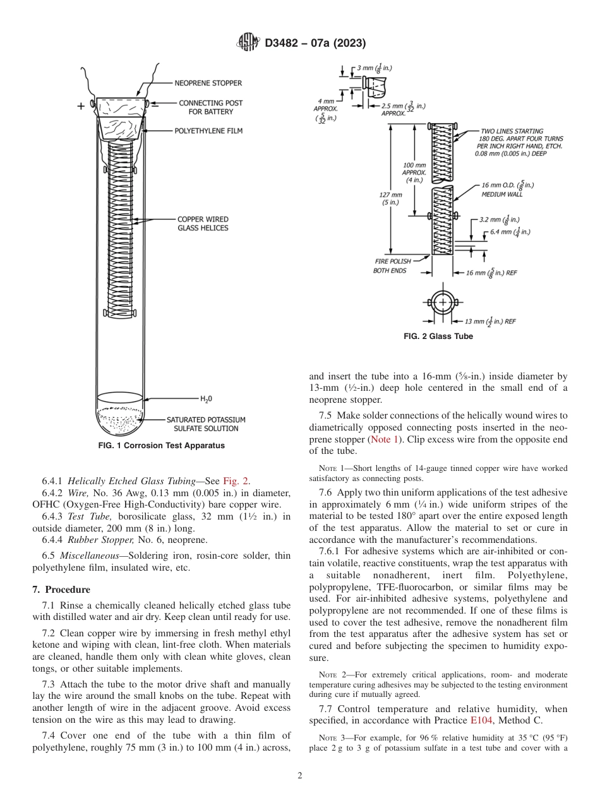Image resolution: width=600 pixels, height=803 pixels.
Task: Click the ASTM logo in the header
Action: coord(248,43)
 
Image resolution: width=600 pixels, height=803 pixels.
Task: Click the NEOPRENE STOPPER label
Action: coord(208,83)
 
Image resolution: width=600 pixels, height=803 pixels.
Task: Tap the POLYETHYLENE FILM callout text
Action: coord(208,131)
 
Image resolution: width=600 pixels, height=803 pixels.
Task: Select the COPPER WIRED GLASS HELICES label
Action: coord(203,223)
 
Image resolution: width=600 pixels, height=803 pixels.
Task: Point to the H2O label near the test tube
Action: coord(206,399)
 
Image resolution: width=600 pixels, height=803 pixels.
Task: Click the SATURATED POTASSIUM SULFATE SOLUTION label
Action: coord(206,424)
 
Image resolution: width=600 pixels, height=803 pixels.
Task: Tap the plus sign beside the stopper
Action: coord(81,107)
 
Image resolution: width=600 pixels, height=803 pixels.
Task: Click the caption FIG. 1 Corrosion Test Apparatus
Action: coord(162,445)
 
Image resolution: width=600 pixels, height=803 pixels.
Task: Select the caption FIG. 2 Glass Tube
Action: coord(438,336)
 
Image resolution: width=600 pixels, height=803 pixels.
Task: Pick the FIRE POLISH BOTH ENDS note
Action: coord(392,266)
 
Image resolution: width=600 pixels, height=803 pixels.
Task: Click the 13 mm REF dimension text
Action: coord(490,321)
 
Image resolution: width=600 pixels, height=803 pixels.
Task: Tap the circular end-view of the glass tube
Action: coord(442,303)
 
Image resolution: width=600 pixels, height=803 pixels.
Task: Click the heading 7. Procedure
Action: coord(61,589)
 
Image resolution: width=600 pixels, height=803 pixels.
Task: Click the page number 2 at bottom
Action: coord(299,776)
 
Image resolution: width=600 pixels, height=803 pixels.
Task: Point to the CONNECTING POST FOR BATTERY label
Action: coord(210,107)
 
